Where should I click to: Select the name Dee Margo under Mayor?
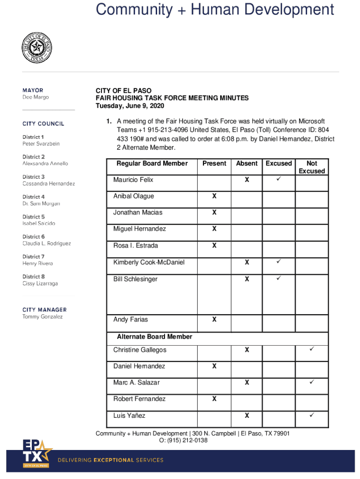coord(36,97)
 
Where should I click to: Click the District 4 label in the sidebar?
coord(34,197)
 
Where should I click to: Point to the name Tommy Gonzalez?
coord(43,317)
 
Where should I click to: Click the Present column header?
coord(214,163)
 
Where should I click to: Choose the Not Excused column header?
coord(312,167)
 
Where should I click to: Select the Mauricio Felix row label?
coord(133,180)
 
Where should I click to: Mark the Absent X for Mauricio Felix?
coord(246,180)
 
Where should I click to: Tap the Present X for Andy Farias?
coord(214,319)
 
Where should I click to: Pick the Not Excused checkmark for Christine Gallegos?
coord(312,349)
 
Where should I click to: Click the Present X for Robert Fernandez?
coord(214,399)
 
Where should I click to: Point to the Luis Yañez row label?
coord(130,415)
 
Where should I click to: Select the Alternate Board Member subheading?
coord(154,336)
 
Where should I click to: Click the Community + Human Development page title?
coord(215,9)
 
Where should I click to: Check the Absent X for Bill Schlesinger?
coord(246,279)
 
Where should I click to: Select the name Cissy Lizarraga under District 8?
coord(40,283)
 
